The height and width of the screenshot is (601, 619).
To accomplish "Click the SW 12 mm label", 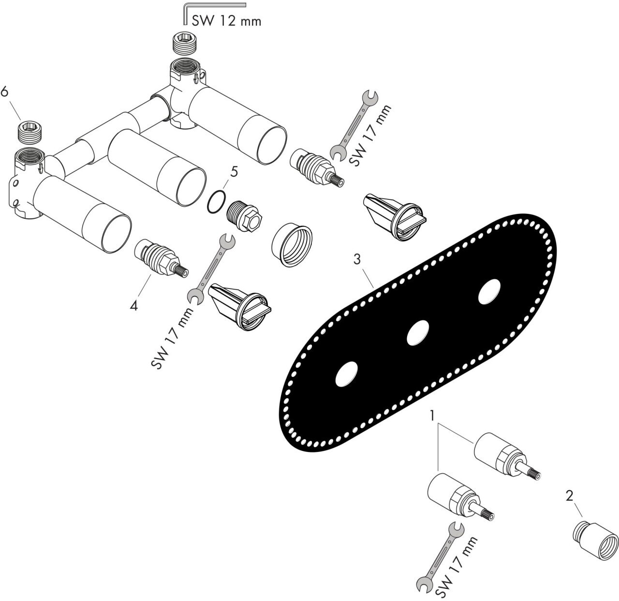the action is (x=226, y=21).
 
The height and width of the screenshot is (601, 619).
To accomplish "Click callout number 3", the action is (x=357, y=259).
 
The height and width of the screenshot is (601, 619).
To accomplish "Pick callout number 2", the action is (x=569, y=496).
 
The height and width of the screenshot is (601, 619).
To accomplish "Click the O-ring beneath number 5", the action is (x=216, y=201).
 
